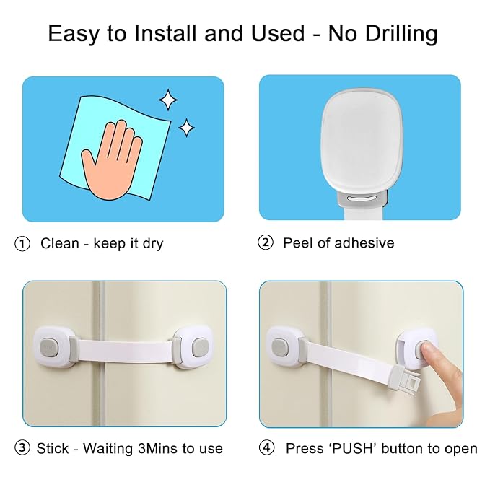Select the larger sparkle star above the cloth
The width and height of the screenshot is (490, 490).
coord(167,99)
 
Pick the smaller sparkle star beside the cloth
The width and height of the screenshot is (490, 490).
coord(186,128)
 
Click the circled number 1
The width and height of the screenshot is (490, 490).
coord(22,244)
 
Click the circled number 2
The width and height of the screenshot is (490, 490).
coord(266,243)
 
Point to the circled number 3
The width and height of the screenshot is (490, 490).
coord(22,448)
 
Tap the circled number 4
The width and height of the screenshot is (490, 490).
coord(267,448)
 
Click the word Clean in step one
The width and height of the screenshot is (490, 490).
coord(60,244)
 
